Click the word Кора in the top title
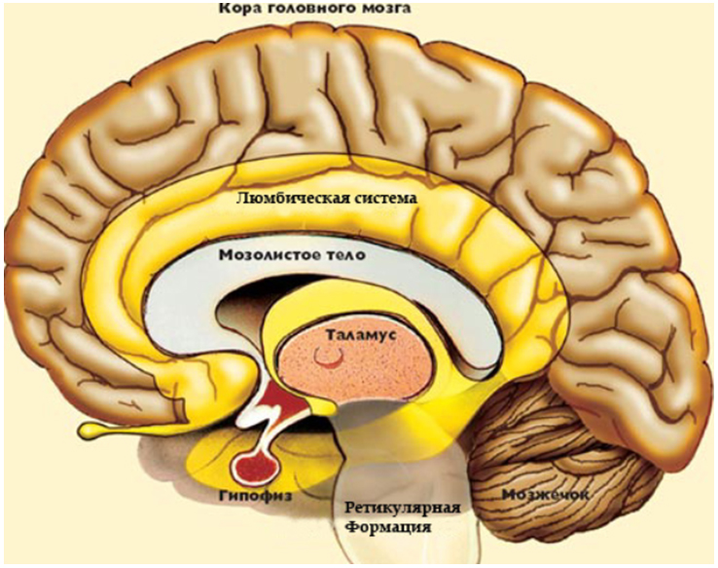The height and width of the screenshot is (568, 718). click(237, 9)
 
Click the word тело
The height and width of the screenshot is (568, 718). click(349, 255)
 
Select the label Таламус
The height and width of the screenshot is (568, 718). click(361, 334)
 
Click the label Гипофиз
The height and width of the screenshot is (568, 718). click(255, 496)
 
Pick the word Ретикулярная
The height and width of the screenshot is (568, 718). click(402, 509)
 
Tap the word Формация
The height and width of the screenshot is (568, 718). click(387, 527)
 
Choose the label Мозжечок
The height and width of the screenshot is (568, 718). click(546, 495)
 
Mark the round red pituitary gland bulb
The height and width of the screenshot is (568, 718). click(255, 468)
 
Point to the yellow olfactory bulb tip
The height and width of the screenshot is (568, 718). click(91, 429)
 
